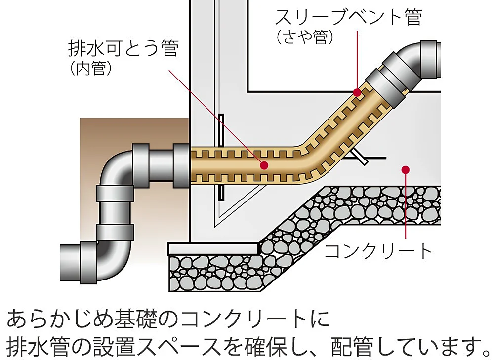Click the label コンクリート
pos(378,251)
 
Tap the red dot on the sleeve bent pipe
pos(357,92)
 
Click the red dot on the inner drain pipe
pos(264,165)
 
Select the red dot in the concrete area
pos(405,170)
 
